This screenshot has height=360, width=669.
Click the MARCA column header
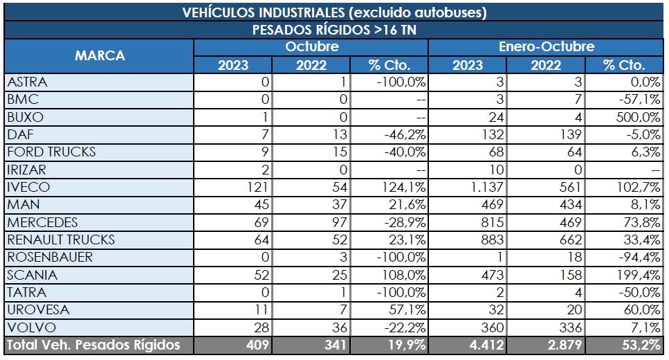[100, 56]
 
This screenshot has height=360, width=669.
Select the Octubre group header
[311, 47]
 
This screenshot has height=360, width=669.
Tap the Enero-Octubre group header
[547, 47]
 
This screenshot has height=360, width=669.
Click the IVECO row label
[26, 187]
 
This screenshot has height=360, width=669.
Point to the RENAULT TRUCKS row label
[61, 240]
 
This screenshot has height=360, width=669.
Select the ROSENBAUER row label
[49, 257]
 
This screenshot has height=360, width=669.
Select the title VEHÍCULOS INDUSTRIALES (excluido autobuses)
[334, 12]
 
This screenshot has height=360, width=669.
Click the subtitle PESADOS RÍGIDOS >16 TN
[334, 30]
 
